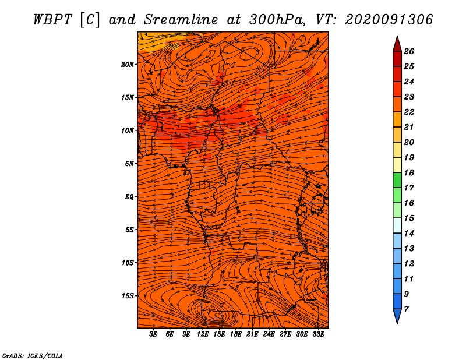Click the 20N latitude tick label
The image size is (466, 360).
tap(127, 65)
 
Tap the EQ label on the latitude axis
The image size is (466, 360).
tap(129, 197)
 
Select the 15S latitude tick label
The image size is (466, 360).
tap(127, 296)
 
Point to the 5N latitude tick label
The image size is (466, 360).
tap(129, 164)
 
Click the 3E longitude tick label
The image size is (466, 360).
tap(153, 334)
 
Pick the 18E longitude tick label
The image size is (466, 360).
tap(236, 334)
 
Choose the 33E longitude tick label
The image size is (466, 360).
tap(318, 334)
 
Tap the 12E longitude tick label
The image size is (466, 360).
tap(203, 334)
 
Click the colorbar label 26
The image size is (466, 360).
tap(409, 51)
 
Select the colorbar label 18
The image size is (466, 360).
tap(409, 172)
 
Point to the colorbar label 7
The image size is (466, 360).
tap(406, 309)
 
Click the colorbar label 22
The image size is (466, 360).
tap(409, 112)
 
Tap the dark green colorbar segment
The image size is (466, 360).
tap(397, 180)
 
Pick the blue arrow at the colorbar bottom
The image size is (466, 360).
tap(397, 316)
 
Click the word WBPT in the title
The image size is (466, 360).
tap(52, 20)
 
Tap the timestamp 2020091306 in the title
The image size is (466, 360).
tap(389, 20)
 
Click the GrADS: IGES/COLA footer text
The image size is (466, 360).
tap(33, 356)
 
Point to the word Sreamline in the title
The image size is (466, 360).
tap(181, 20)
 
